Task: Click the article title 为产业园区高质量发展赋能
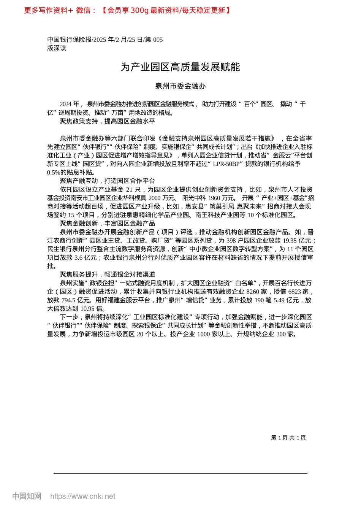[180, 67]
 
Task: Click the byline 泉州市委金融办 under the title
[180, 86]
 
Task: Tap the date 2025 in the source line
[100, 40]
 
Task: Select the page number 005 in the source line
[158, 40]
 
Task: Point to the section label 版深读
[57, 48]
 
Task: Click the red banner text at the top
[127, 10]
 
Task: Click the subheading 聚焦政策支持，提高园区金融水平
[108, 121]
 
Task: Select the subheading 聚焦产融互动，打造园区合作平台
[108, 181]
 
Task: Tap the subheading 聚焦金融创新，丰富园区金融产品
[108, 223]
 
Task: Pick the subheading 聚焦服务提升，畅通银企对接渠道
[108, 274]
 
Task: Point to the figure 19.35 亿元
[298, 240]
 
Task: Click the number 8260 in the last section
[253, 292]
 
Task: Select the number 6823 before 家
[294, 292]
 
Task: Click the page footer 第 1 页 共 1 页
[288, 438]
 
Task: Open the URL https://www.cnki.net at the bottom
[82, 496]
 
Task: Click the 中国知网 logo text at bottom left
[27, 496]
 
